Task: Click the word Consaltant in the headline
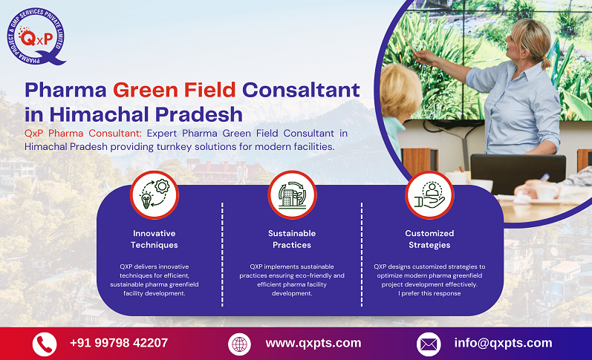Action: point(302,91)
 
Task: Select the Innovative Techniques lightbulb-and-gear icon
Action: point(154,194)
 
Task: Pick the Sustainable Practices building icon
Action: point(292,194)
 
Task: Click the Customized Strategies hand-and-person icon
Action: point(429,194)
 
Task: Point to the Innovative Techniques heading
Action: point(154,239)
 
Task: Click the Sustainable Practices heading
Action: point(292,239)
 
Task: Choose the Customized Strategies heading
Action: point(429,239)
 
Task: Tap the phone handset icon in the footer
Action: point(45,344)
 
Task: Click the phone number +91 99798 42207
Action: point(119,343)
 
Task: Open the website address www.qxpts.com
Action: point(313,343)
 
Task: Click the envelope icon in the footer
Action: point(429,344)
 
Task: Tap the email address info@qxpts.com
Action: point(503,343)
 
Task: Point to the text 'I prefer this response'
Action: point(429,293)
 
